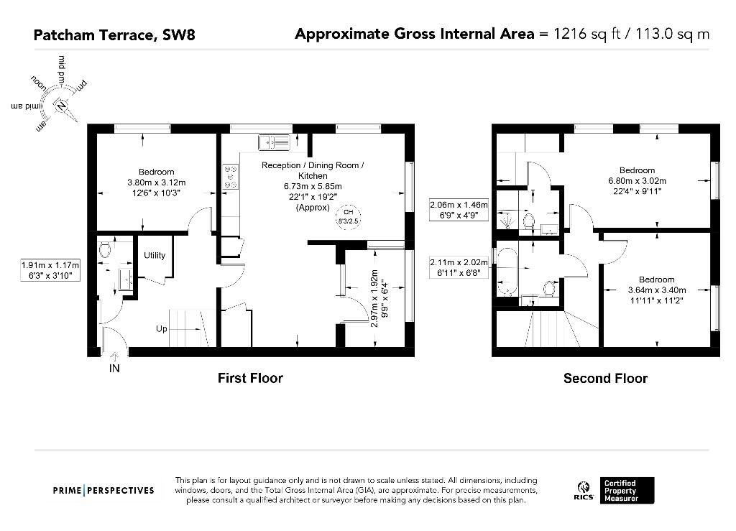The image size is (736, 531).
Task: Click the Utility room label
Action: pos(155,255)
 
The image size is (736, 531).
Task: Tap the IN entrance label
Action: pos(114,369)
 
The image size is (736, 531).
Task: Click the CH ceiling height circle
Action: pos(349,216)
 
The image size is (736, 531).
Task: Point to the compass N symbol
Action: pos(62,106)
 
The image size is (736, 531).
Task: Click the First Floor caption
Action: pos(250,378)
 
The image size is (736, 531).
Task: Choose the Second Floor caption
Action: pos(605,378)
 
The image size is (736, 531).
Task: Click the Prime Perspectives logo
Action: pos(103,490)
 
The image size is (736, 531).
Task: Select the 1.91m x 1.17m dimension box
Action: pos(47,270)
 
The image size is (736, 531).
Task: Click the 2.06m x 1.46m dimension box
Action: pos(459,209)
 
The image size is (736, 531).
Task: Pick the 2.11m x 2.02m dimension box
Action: pos(459,268)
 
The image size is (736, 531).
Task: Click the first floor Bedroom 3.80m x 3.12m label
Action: pos(157,182)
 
